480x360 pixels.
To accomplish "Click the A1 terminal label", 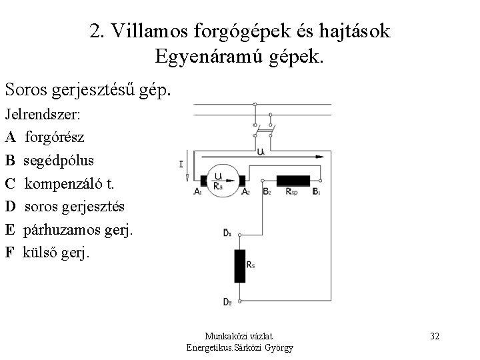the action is [198, 193].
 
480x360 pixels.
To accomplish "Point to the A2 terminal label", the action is [245, 193].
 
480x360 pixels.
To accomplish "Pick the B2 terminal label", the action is [266, 193].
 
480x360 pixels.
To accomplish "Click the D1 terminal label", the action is [227, 233].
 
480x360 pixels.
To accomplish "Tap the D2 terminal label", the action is [228, 302].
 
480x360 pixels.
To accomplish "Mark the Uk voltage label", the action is [261, 152].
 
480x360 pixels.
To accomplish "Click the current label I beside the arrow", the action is [181, 164].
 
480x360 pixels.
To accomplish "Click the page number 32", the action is [434, 335].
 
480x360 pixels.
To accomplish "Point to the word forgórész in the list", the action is [55, 139].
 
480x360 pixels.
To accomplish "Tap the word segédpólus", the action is [59, 161].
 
